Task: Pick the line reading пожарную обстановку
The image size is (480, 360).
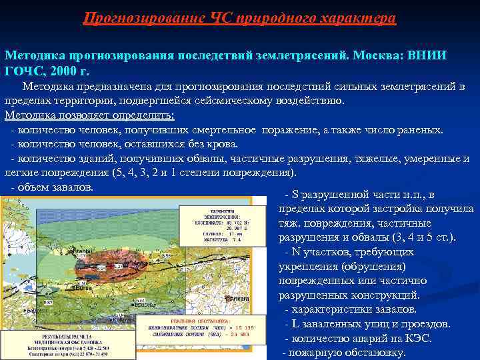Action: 347,353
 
